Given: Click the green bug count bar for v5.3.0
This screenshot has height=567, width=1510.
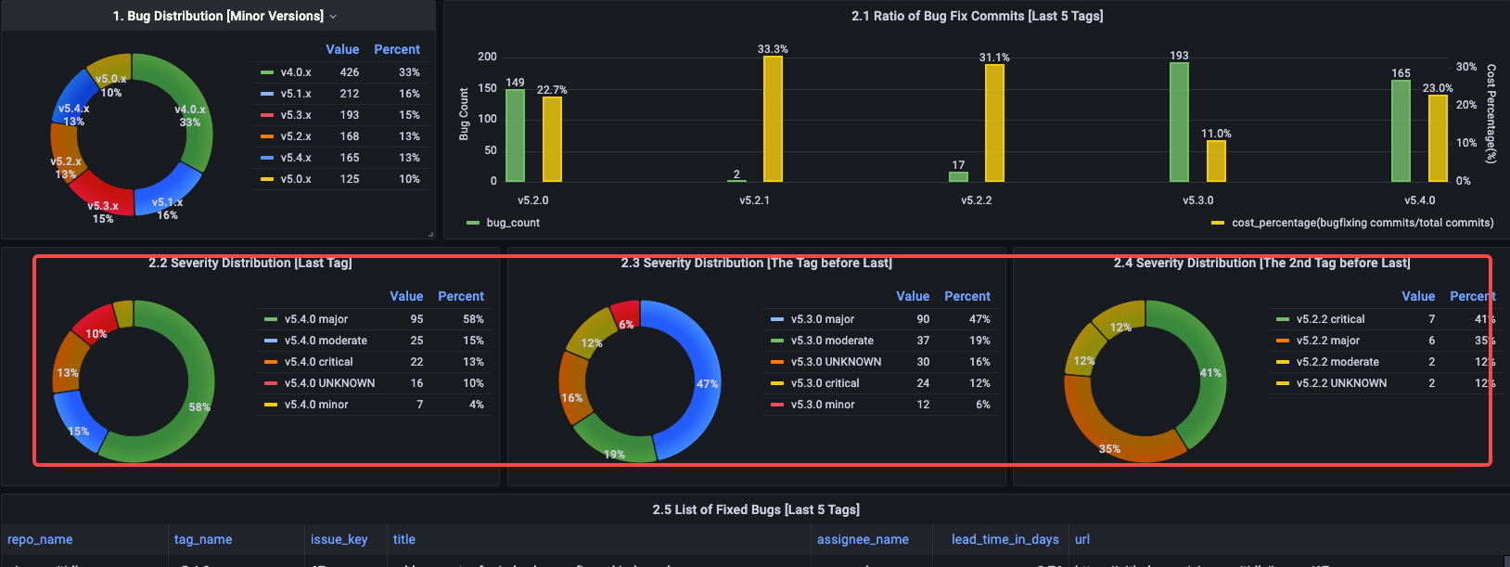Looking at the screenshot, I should point(1179,122).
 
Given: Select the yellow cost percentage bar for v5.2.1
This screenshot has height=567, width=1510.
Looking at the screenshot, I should point(773,119).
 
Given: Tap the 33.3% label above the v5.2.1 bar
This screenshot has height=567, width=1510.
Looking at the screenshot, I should point(773,49).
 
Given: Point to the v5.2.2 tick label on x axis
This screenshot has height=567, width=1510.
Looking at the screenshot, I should point(976,200).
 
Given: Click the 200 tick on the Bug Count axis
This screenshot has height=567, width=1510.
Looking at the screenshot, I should point(487,57).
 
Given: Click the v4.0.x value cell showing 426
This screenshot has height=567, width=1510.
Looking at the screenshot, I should point(350,72).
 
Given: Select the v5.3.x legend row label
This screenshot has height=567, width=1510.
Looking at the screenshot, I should point(296,115).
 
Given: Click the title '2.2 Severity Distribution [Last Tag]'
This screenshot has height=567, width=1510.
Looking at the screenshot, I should point(250,264).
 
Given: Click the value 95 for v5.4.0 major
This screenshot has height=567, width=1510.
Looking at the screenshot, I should point(416,319).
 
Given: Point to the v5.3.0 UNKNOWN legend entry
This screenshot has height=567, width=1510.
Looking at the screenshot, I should point(836,362).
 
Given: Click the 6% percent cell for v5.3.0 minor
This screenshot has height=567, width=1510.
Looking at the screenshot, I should point(982,405).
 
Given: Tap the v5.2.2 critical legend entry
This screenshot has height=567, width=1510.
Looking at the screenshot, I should point(1330,319).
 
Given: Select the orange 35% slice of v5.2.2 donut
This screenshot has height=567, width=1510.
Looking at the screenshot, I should point(1113,436).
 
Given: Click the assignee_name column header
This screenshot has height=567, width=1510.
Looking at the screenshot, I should point(863,540).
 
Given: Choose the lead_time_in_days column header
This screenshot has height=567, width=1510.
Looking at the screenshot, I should point(1005,540).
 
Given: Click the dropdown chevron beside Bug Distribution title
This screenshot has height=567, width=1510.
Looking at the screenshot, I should point(333,17).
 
